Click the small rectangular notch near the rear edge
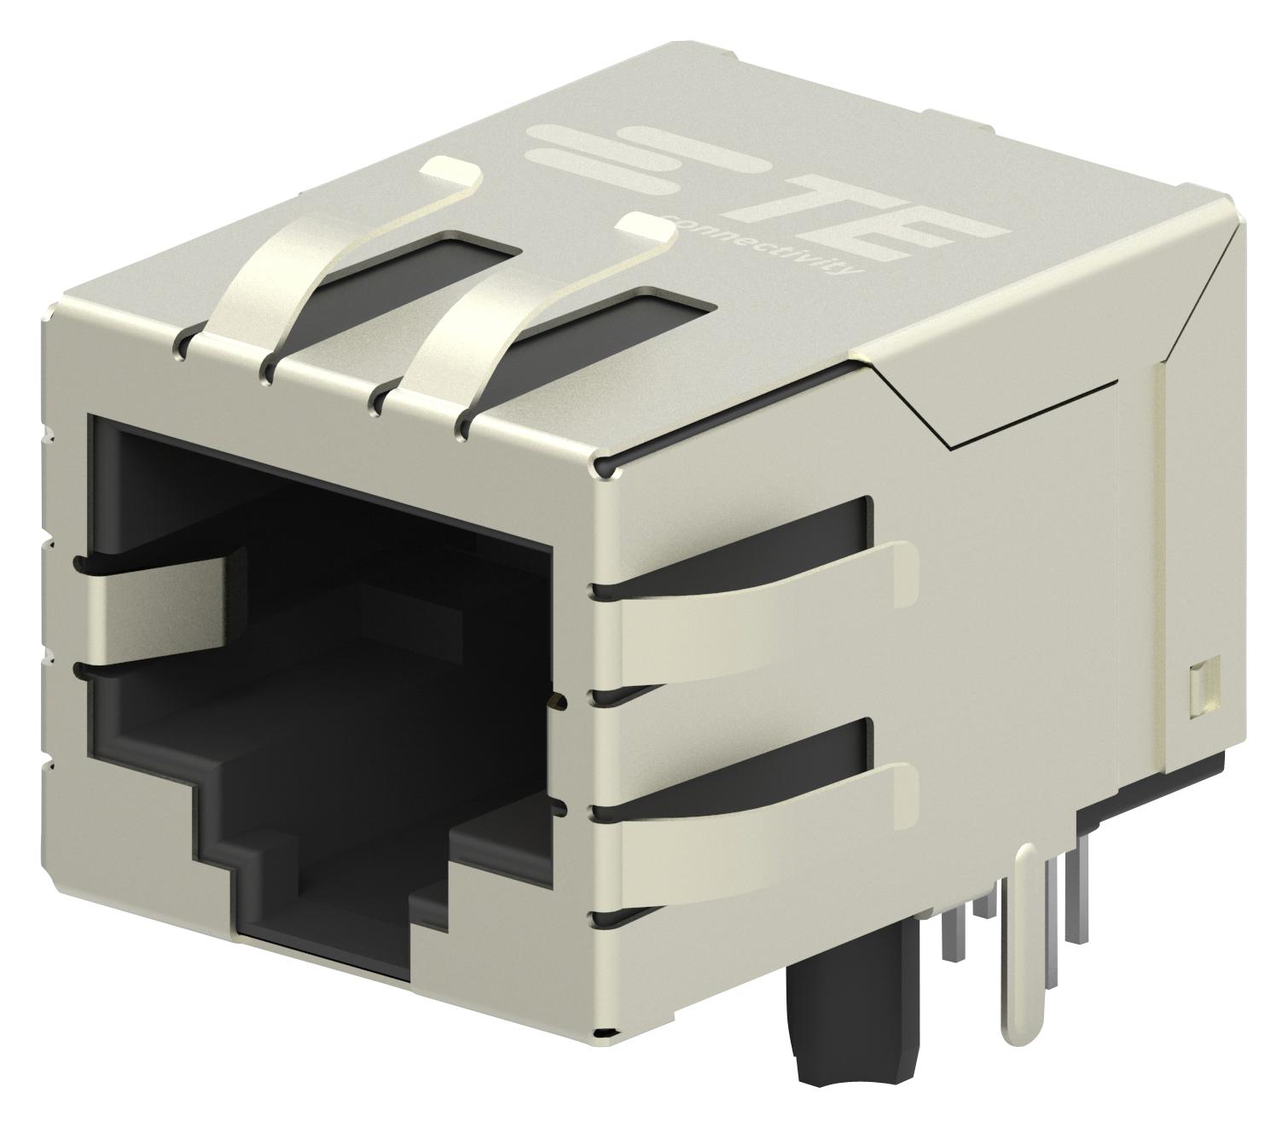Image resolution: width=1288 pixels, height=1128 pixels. (x=1195, y=687)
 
